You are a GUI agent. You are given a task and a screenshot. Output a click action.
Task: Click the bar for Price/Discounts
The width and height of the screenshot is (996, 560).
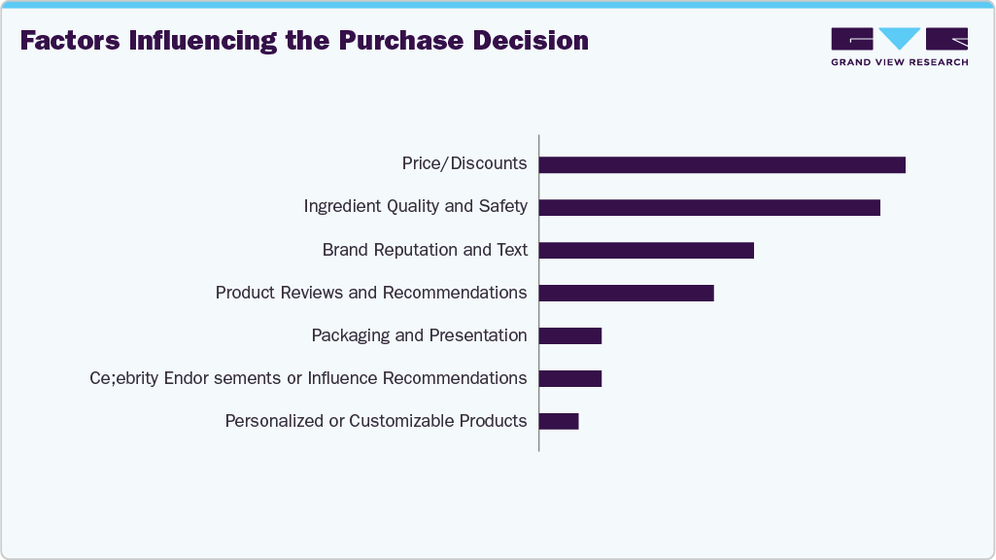pyautogui.click(x=722, y=165)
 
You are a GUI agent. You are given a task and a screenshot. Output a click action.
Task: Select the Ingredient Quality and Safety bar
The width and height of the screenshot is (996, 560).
pyautogui.click(x=709, y=207)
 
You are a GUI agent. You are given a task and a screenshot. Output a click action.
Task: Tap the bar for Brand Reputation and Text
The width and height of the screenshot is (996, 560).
pyautogui.click(x=646, y=250)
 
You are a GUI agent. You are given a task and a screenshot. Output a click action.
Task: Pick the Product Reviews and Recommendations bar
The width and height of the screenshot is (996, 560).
pyautogui.click(x=626, y=293)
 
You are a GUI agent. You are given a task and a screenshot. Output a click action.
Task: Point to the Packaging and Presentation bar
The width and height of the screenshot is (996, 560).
pyautogui.click(x=570, y=335)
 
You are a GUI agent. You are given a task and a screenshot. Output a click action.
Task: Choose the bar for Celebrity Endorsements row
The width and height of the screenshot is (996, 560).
pyautogui.click(x=570, y=378)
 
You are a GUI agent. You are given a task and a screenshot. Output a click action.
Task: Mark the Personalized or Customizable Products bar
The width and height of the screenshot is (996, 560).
pyautogui.click(x=559, y=421)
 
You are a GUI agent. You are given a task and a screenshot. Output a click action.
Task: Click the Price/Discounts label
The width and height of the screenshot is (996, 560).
pyautogui.click(x=464, y=163)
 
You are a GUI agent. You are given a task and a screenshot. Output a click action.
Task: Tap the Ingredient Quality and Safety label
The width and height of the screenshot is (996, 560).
pyautogui.click(x=415, y=206)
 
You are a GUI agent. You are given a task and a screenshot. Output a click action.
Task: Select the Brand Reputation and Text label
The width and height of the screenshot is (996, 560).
pyautogui.click(x=425, y=250)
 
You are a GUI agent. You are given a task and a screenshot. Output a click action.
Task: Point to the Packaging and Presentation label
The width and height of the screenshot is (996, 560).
pyautogui.click(x=419, y=335)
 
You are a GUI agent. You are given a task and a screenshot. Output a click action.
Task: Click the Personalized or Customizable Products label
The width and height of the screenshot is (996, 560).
pyautogui.click(x=376, y=421)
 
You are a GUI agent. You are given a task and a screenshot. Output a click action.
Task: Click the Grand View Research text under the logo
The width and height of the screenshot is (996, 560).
pyautogui.click(x=899, y=62)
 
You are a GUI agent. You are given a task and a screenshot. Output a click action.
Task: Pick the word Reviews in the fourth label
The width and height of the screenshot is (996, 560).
pyautogui.click(x=344, y=293)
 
